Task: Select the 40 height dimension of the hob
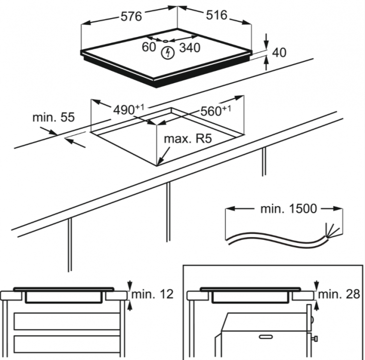279,53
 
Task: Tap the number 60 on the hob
148,47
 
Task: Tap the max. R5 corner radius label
188,139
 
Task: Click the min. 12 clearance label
152,293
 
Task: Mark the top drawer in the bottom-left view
67,322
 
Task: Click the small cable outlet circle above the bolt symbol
165,41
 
